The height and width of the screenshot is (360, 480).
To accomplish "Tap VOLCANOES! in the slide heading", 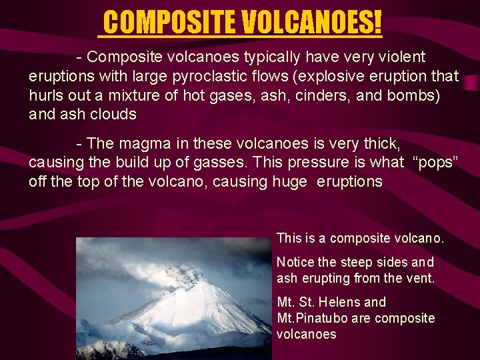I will click(312, 23).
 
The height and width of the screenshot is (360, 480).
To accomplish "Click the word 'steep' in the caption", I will click(355, 262).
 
